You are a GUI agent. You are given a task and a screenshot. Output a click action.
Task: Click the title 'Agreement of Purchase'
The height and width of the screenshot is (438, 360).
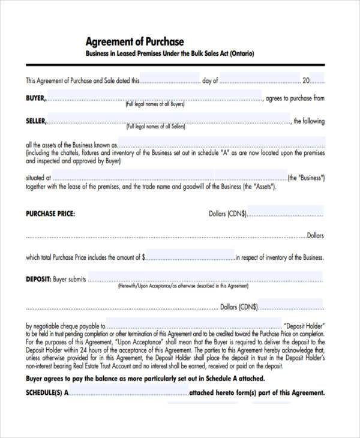point(134,41)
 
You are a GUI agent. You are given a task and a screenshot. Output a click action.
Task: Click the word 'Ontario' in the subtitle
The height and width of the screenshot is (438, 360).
point(241,54)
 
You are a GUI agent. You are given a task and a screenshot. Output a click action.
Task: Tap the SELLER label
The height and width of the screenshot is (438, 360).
point(35,121)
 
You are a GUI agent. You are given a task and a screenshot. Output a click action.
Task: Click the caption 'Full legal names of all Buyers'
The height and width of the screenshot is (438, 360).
point(155,104)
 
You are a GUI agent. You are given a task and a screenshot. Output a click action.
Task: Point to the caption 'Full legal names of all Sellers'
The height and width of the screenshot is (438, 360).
point(155,127)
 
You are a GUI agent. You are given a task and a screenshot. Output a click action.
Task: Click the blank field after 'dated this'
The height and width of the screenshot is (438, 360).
point(170,80)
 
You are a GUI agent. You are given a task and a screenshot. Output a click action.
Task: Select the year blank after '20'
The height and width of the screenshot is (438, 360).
point(318,80)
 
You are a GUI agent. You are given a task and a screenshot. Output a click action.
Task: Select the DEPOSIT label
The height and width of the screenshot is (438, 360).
point(38,279)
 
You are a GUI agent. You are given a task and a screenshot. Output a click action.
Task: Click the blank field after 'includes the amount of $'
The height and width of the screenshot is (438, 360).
point(190,257)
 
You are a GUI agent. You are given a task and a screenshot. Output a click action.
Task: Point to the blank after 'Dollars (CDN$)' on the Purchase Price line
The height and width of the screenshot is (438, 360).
point(286,212)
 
